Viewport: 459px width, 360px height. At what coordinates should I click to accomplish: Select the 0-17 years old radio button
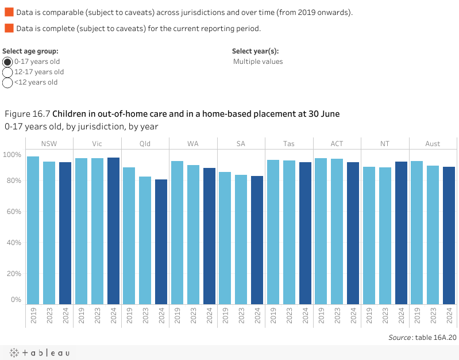[8, 62]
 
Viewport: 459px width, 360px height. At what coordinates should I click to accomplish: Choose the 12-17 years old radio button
[8, 72]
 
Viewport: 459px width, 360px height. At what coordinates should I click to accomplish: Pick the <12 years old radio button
[8, 82]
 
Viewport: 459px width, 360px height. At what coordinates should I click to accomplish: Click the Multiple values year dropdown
[258, 62]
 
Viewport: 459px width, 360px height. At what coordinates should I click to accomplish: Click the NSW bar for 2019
[33, 230]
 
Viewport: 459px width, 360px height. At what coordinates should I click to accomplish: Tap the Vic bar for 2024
[113, 231]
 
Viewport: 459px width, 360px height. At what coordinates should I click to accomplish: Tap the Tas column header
[289, 144]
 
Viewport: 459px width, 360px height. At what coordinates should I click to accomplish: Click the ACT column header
[337, 144]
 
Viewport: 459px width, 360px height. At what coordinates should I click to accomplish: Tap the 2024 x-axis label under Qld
[161, 316]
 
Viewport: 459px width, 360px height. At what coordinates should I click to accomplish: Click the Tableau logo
[38, 353]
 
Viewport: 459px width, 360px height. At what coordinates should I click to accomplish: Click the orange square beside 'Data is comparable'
[9, 12]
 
